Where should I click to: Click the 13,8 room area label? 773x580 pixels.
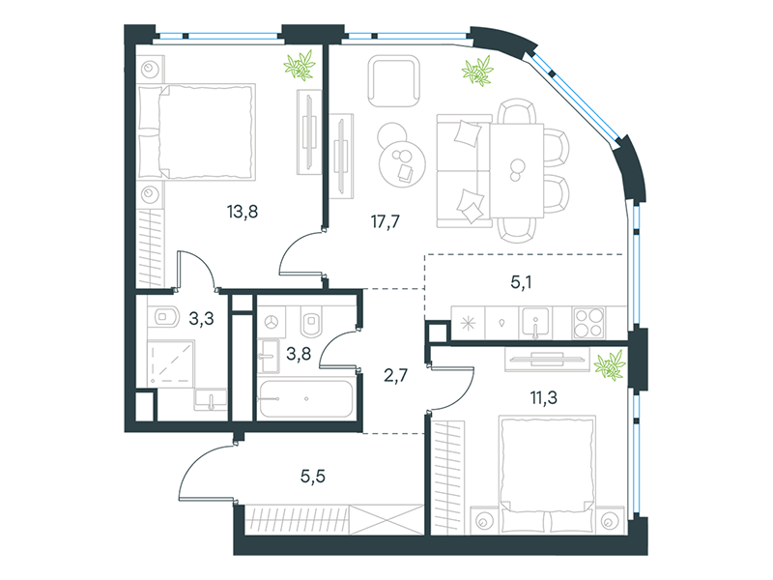(x=243, y=212)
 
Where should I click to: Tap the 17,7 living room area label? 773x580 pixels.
(x=385, y=221)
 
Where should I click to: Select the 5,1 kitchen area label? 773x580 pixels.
(x=521, y=282)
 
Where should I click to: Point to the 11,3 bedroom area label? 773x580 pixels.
(x=544, y=397)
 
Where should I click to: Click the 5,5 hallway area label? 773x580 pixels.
(x=313, y=477)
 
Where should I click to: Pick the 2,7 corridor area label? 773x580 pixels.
(x=395, y=376)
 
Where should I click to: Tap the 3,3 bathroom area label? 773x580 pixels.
(x=201, y=319)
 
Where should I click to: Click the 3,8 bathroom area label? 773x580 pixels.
(x=299, y=354)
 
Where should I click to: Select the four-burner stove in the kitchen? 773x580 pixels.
(x=588, y=323)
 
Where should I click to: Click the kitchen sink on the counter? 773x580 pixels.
(x=535, y=323)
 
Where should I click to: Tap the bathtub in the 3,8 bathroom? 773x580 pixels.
(x=306, y=398)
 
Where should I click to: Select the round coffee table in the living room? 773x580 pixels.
(x=402, y=160)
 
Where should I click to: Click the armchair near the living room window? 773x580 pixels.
(x=394, y=81)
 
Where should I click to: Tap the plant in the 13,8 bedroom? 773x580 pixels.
(x=300, y=65)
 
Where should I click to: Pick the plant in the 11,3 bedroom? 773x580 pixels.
(x=610, y=365)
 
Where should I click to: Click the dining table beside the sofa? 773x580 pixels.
(x=517, y=171)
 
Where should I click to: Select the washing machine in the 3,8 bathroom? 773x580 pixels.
(x=272, y=323)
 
